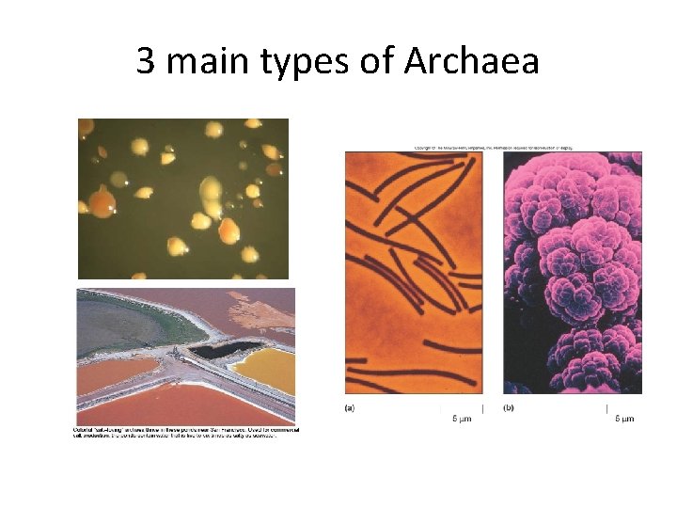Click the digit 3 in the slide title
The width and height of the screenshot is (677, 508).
pos(146,62)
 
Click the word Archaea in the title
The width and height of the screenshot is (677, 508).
pos(471,62)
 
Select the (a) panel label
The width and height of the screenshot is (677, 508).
pos(350,408)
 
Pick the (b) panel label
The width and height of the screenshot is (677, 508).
pos(509,408)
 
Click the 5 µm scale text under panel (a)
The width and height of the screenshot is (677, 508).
pos(462,419)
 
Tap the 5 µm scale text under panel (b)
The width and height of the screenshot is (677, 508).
pos(623,419)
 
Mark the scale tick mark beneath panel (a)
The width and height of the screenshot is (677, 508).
pos(482,408)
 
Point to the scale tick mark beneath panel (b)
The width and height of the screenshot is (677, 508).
pos(606,408)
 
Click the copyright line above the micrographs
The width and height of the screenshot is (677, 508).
pos(493,148)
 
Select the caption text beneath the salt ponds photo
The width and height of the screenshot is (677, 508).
pos(186,435)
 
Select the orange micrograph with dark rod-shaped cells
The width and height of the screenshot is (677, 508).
pos(413,273)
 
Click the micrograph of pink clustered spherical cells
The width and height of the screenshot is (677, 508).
pos(573,273)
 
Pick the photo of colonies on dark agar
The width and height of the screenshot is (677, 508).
pos(183,198)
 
